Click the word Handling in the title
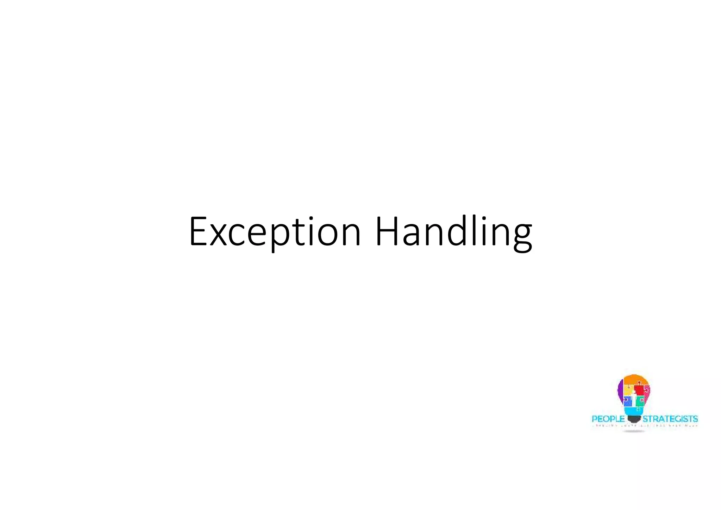pos(453,232)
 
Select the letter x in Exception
pos(218,235)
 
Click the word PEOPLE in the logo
pos(608,419)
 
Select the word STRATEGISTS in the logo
pos(670,419)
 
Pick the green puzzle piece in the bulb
pos(640,400)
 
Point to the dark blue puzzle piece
pos(628,401)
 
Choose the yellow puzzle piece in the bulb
pos(628,390)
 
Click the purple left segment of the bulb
pos(620,389)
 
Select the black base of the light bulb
pos(634,419)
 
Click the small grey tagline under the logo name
pos(644,426)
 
